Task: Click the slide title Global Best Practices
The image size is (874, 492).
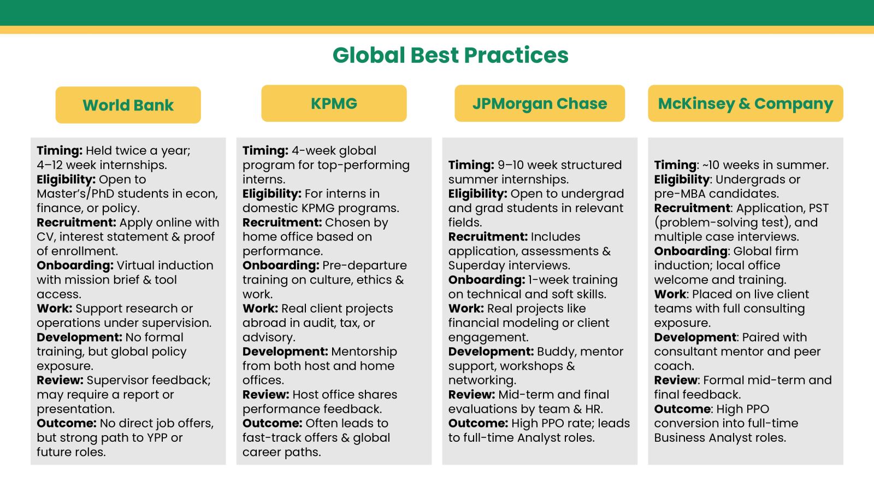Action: click(x=450, y=55)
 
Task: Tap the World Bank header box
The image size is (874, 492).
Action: click(x=128, y=105)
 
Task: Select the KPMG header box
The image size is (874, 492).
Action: click(x=334, y=103)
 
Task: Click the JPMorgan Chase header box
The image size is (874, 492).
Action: click(x=540, y=103)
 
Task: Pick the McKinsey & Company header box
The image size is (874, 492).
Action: click(x=746, y=103)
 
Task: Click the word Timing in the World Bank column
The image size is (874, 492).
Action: click(x=60, y=151)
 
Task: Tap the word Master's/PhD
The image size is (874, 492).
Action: click(x=75, y=194)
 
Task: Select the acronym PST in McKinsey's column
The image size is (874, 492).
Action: click(x=819, y=208)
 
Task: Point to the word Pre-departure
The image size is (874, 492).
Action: click(x=364, y=266)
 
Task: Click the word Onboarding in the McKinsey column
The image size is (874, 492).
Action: click(x=690, y=251)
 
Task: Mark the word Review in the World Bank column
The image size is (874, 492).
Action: click(x=60, y=380)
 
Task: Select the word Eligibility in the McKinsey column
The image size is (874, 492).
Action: click(x=682, y=180)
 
